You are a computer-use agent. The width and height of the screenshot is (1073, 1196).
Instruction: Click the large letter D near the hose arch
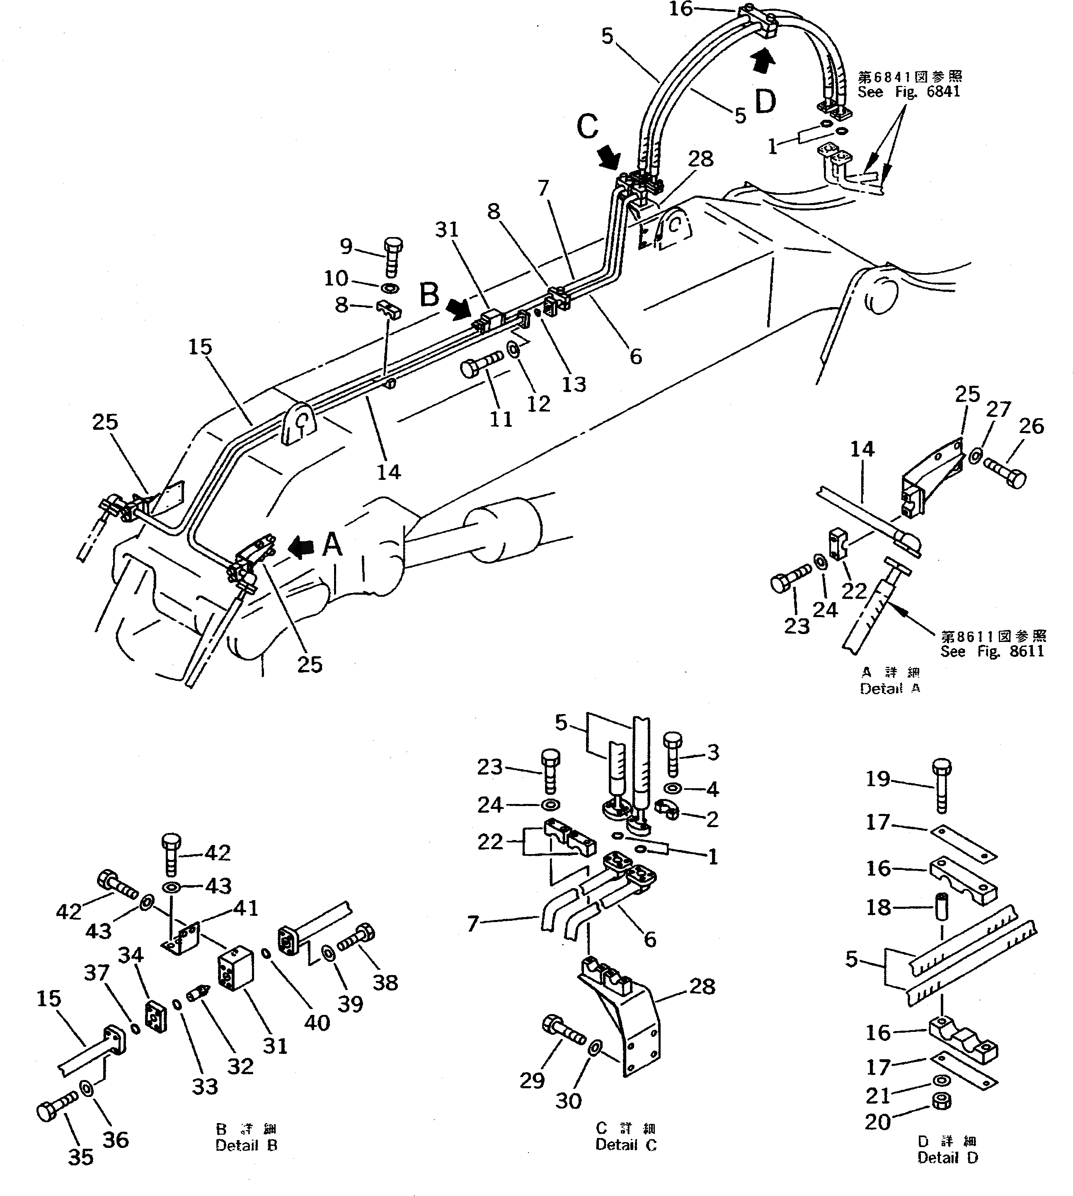point(765,102)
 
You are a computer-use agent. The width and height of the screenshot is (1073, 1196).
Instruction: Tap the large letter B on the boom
point(430,295)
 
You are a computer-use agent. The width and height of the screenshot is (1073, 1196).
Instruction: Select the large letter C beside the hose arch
point(587,127)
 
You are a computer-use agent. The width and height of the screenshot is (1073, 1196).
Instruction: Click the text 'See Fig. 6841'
point(908,92)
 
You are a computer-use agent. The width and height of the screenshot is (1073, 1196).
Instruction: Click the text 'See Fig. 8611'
point(992,651)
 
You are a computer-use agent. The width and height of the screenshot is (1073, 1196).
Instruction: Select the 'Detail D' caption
point(947,1158)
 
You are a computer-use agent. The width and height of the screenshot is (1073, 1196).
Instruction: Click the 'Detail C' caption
point(626,1145)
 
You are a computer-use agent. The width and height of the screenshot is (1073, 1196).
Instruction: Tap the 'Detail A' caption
point(890,688)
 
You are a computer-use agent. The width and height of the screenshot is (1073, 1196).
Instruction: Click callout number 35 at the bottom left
point(81,1157)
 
